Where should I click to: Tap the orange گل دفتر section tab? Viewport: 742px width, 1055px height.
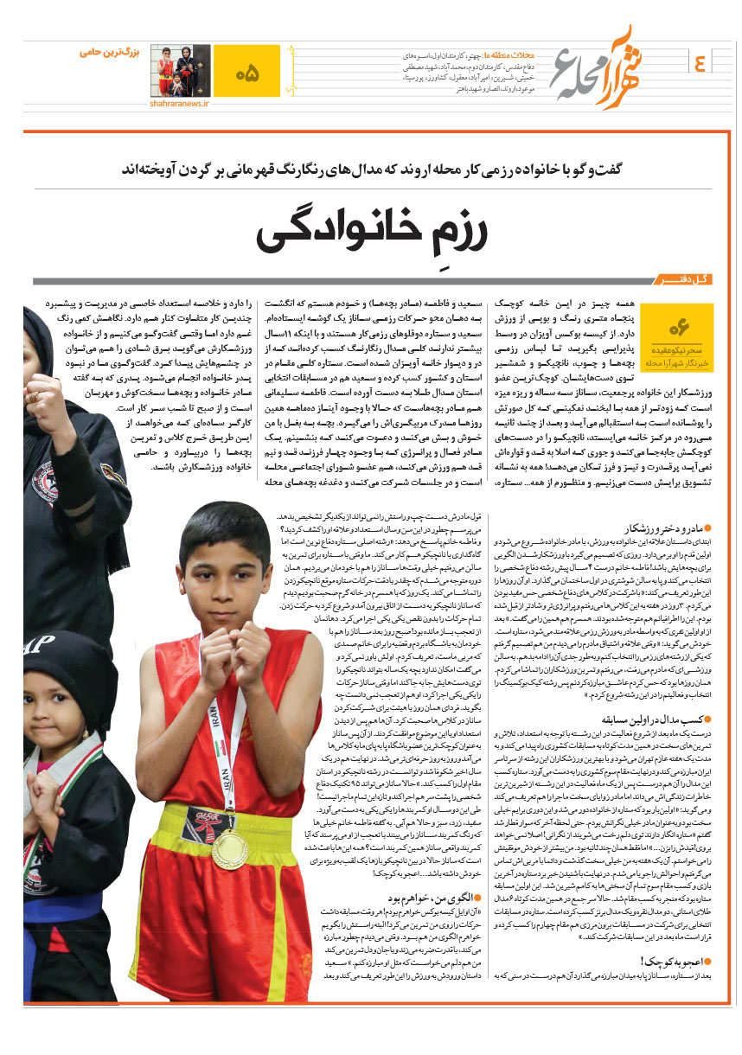pos(682,282)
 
